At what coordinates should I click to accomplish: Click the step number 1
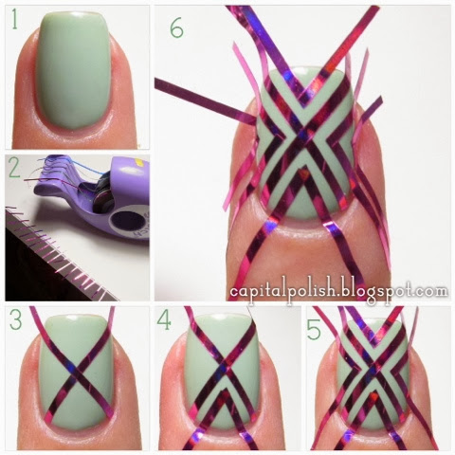(x=14, y=19)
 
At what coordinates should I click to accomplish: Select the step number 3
(x=15, y=319)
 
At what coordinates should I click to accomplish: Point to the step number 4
(x=164, y=320)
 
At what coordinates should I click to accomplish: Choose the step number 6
(x=176, y=28)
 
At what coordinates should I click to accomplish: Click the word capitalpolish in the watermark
(x=282, y=292)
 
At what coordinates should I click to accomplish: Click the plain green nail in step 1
(x=74, y=69)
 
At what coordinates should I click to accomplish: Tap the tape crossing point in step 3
(x=77, y=373)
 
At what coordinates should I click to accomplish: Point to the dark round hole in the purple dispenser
(x=128, y=219)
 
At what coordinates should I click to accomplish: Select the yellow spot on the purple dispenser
(x=141, y=163)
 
